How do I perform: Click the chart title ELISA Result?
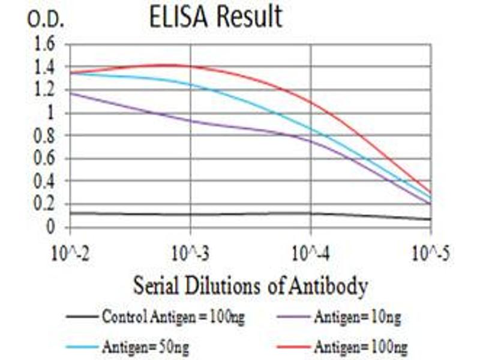215,17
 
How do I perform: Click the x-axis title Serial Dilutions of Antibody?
250,286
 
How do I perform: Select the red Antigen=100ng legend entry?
354,346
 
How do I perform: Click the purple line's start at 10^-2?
71,93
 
